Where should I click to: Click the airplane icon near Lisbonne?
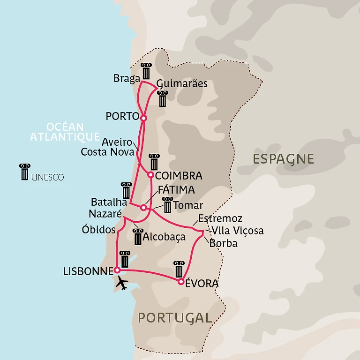coord(122,283)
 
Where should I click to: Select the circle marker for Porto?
coord(143,118)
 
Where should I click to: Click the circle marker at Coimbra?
coord(150,175)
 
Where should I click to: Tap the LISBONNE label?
coord(88,271)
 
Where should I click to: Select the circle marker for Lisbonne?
coord(117,270)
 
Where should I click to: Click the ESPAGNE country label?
coord(283,158)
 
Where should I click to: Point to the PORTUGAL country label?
coord(175,317)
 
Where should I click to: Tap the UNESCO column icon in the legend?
coord(24,172)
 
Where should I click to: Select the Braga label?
coord(127,78)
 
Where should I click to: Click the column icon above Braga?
coord(146,71)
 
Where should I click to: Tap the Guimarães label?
coord(181,84)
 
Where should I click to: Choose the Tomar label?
coord(188,205)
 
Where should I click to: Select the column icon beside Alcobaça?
coord(137,236)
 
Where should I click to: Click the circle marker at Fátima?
coord(143,207)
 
